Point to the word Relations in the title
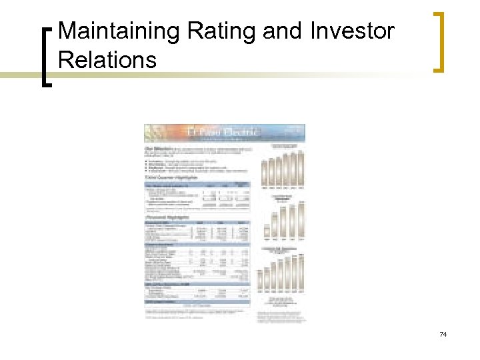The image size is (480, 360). (107, 60)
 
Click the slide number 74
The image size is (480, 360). (443, 334)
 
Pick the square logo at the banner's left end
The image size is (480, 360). (153, 132)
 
